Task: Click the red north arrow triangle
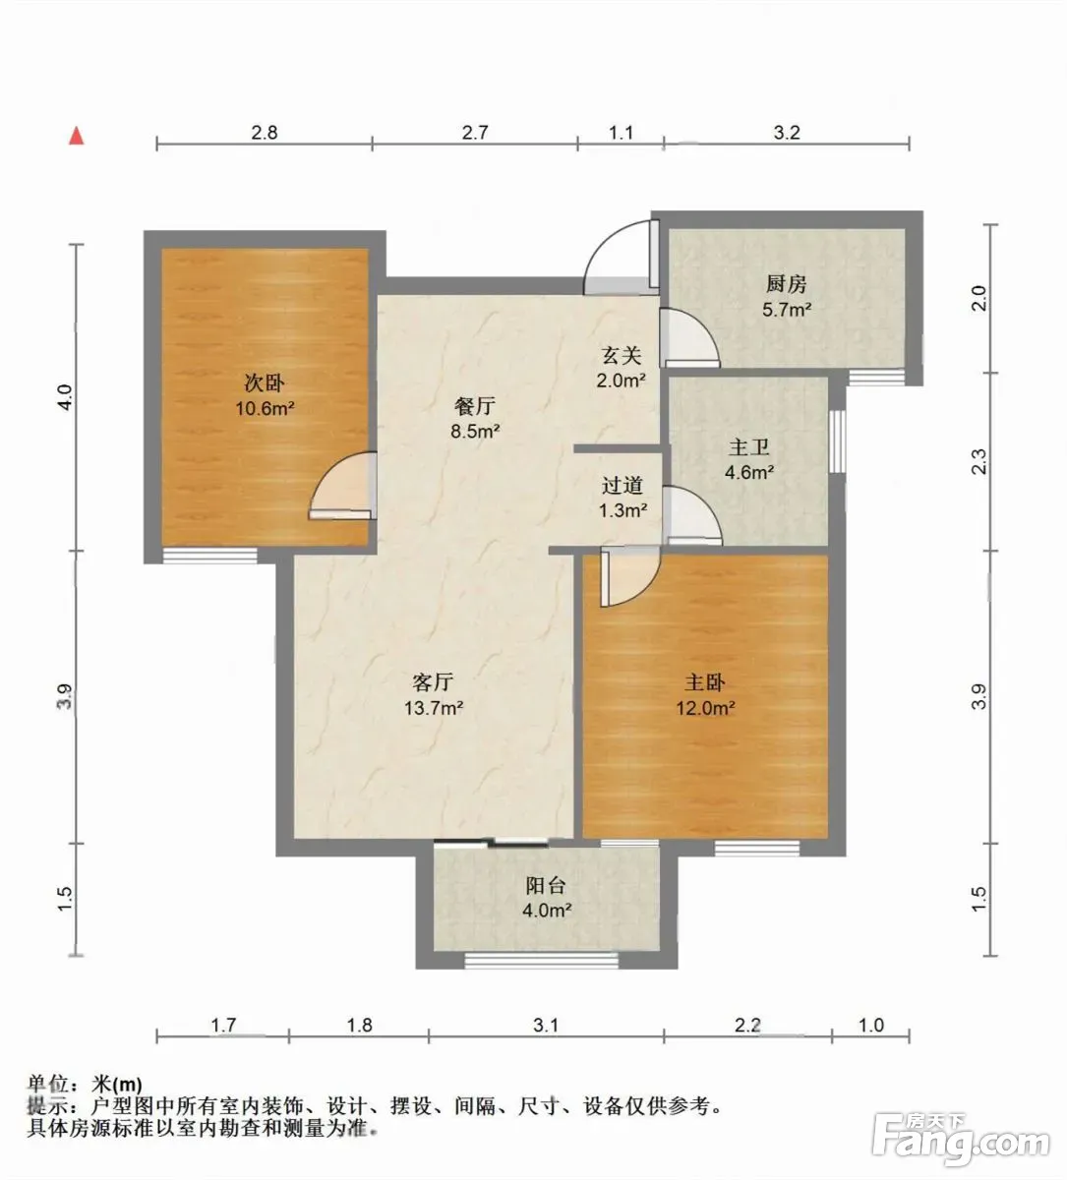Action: tap(77, 136)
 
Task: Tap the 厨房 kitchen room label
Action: tap(787, 285)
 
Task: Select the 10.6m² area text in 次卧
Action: tap(265, 408)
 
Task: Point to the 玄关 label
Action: tap(622, 356)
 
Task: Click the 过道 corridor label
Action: tap(622, 486)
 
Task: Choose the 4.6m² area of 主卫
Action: tap(749, 472)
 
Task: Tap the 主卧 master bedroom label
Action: tap(704, 683)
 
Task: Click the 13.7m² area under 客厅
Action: tap(434, 708)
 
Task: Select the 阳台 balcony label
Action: tap(546, 885)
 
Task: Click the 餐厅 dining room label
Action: tap(475, 406)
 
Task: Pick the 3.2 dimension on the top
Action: tap(787, 133)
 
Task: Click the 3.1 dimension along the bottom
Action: tap(546, 1026)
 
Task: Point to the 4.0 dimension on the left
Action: tap(64, 397)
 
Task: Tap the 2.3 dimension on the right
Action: tap(978, 462)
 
